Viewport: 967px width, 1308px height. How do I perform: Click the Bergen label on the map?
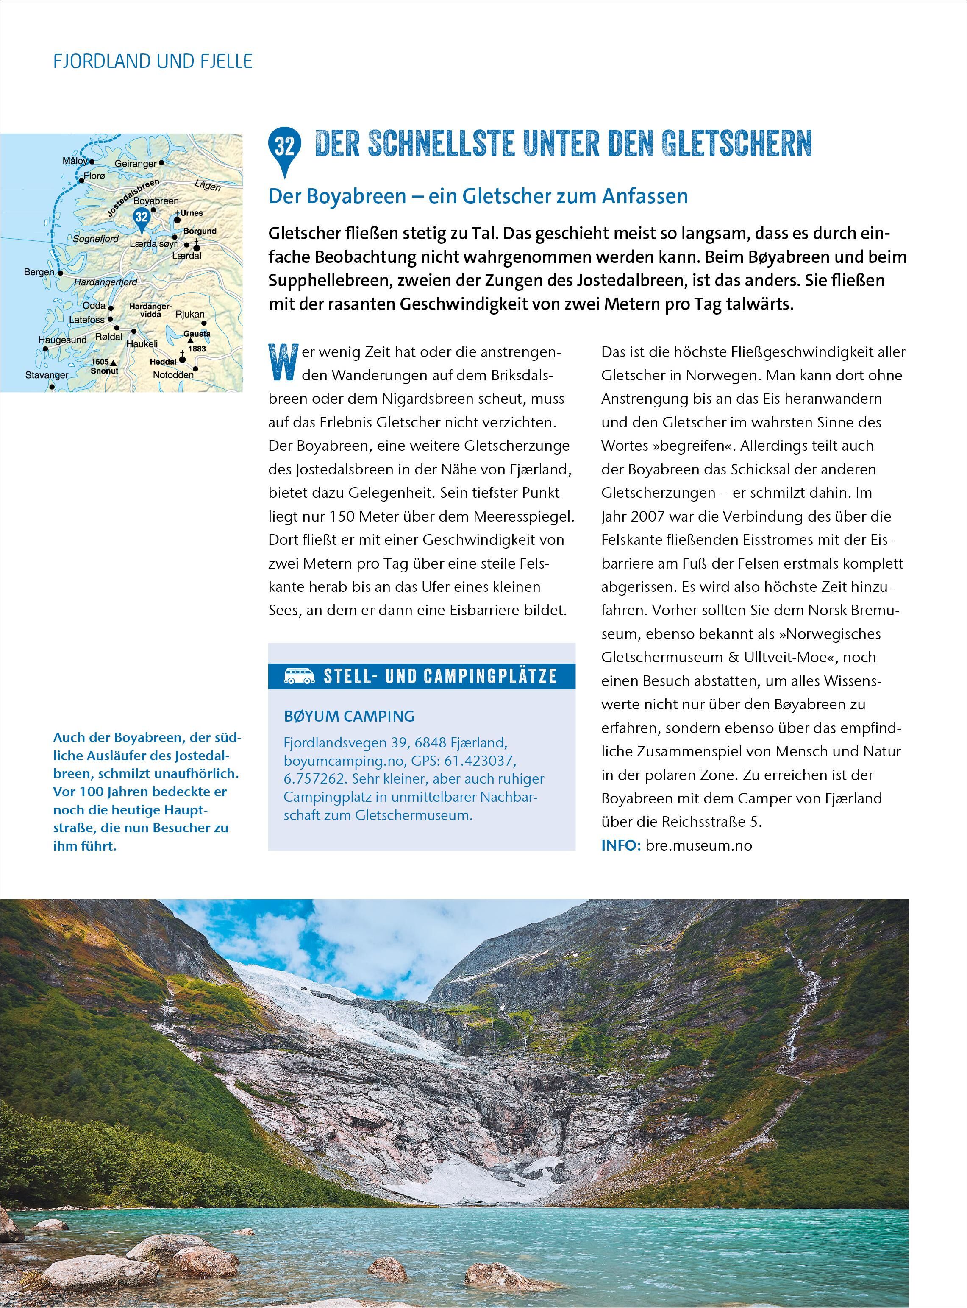(39, 272)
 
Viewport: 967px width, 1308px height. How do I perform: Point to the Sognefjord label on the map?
(95, 239)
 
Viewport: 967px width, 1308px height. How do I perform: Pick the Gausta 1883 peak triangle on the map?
(190, 340)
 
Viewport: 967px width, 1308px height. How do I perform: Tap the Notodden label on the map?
(173, 374)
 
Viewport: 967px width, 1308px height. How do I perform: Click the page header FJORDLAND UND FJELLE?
(153, 61)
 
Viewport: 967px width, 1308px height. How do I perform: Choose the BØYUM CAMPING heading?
(349, 716)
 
